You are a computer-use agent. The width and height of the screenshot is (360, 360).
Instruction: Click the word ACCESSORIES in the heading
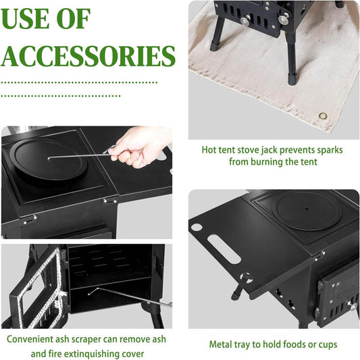tap(88, 56)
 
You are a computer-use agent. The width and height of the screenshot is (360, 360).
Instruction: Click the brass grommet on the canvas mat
tap(323, 115)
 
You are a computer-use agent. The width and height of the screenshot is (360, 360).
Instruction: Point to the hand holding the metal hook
tap(138, 147)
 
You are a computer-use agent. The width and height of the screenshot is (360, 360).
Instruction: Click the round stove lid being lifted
tap(49, 159)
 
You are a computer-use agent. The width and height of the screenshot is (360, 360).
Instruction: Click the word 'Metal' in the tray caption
tap(220, 344)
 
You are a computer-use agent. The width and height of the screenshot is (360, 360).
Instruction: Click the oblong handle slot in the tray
tap(224, 249)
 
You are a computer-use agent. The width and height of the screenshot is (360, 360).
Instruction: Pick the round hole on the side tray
tap(197, 228)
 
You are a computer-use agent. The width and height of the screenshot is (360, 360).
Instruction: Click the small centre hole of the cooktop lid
tap(307, 209)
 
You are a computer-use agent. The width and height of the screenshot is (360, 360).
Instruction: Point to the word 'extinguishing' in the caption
tap(88, 353)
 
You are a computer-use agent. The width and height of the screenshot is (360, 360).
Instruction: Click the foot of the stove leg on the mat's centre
tap(292, 79)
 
